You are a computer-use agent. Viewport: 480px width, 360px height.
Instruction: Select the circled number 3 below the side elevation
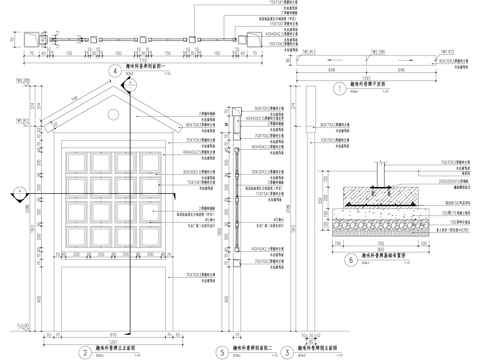point(288,350)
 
